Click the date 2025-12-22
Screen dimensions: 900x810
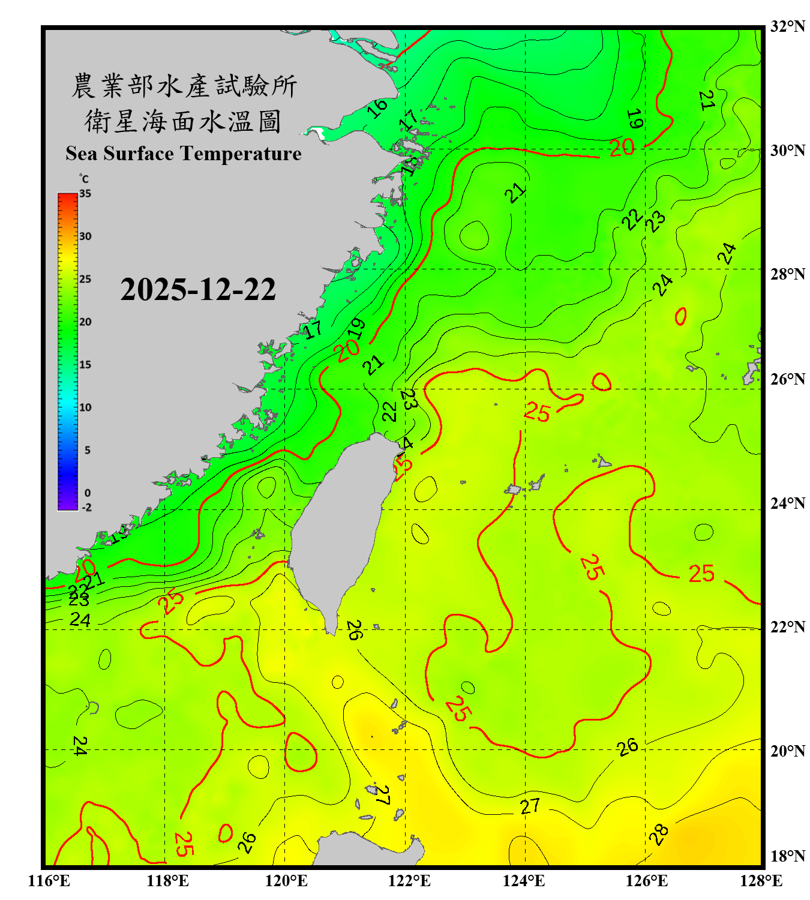point(198,290)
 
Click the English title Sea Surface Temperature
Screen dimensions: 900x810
point(184,154)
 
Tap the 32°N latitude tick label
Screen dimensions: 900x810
point(787,26)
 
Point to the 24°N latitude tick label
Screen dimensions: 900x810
point(787,503)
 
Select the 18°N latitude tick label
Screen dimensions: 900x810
point(787,856)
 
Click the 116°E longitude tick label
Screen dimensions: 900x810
point(49,881)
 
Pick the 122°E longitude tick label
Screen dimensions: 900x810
point(409,881)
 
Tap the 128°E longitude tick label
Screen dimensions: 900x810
point(761,881)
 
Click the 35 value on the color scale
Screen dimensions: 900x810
point(85,194)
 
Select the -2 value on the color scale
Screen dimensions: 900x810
point(86,508)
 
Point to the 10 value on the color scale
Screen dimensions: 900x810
point(85,407)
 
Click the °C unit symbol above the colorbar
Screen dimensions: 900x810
point(84,179)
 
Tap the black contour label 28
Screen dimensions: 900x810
point(658,835)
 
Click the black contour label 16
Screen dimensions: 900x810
point(377,108)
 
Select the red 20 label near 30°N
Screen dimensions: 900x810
point(622,147)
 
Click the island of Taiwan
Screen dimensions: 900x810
point(339,528)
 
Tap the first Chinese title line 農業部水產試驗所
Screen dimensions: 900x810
point(184,86)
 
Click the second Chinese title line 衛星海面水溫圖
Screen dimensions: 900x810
point(184,121)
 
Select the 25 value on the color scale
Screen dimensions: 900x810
point(85,279)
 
